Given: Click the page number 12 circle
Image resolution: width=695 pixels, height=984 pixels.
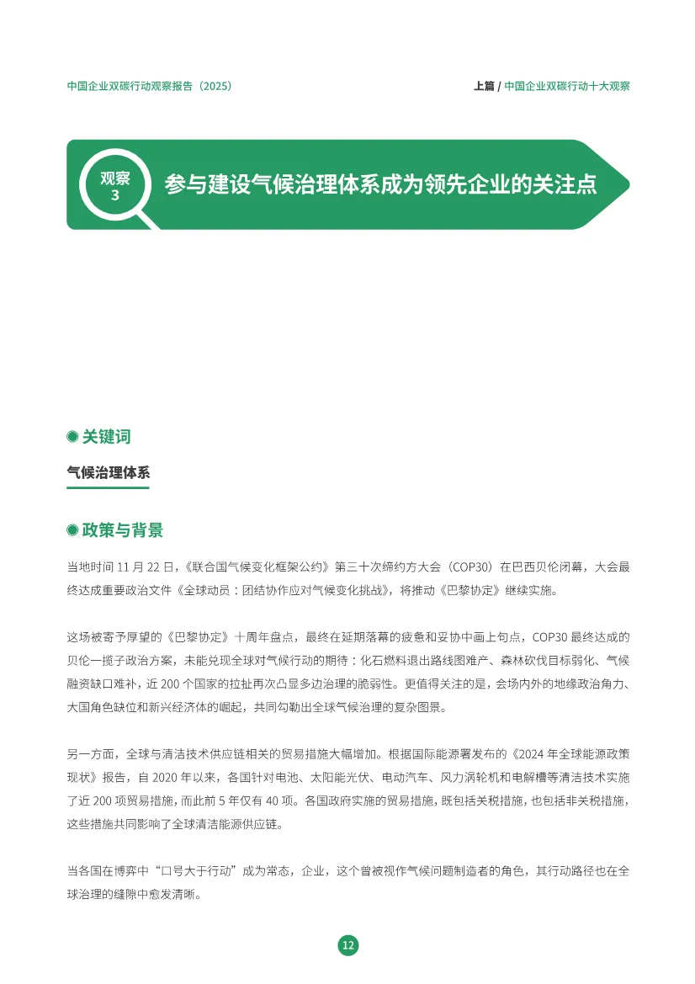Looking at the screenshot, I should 347,945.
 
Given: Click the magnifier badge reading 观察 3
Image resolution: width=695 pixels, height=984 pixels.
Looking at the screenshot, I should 115,185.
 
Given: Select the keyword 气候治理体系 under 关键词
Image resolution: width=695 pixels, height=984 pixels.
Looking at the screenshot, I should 108,472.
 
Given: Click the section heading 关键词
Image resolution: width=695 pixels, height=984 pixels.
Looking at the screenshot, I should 106,437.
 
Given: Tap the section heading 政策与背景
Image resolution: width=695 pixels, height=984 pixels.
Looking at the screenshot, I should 122,530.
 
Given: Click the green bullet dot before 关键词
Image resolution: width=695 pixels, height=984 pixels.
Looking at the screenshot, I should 72,437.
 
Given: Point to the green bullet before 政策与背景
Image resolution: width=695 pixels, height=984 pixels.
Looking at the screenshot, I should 72,530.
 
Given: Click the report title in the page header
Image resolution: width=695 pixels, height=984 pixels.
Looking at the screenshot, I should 149,86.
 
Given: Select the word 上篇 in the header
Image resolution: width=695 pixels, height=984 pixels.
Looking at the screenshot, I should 484,86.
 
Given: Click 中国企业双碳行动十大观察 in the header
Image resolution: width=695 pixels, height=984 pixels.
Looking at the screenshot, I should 567,86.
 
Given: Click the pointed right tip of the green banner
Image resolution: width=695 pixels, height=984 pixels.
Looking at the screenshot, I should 627,184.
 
